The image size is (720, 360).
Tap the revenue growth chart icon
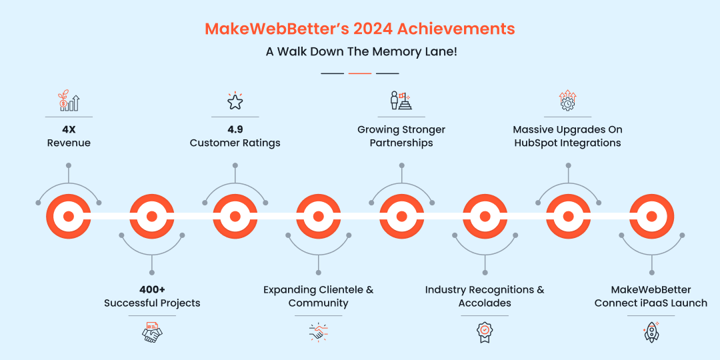point(68,101)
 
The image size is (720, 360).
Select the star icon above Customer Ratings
point(235,101)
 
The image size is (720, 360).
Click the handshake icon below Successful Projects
point(152,332)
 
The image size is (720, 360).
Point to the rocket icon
point(651,331)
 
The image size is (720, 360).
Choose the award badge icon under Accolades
point(485,331)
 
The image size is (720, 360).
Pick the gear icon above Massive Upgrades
point(567,101)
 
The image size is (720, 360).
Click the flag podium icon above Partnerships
point(401,101)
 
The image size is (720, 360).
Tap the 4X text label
point(68,129)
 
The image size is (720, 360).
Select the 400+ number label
point(152,290)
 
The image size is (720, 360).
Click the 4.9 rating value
point(235,129)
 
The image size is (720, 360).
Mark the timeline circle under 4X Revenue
point(68,216)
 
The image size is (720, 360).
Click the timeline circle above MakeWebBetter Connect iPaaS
point(651,216)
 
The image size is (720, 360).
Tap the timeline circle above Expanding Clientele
point(318,216)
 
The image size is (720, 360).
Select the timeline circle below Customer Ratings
point(235,216)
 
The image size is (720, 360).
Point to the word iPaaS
point(657,303)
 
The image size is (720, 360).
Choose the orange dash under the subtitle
point(360,73)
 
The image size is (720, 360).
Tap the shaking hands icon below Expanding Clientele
point(318,331)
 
